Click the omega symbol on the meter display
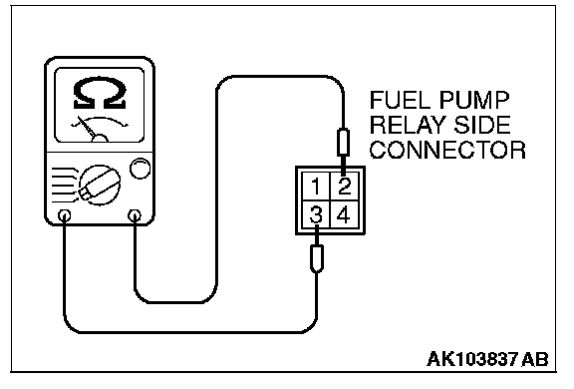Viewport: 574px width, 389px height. coord(100,93)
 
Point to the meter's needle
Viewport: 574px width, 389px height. coord(87,128)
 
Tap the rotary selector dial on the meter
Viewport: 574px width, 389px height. coord(100,185)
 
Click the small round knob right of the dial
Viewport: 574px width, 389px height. coord(141,169)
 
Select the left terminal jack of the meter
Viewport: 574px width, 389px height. coord(65,215)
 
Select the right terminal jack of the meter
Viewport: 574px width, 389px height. coord(135,215)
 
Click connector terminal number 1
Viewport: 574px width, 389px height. coord(316,187)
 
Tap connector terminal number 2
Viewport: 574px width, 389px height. coord(344,187)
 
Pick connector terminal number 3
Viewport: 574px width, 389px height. coord(316,214)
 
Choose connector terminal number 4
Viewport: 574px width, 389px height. coord(344,214)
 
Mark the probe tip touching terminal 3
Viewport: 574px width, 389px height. coord(317,235)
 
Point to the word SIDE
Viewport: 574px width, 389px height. coord(482,125)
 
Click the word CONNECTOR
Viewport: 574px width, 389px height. coord(447,150)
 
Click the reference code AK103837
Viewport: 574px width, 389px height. coord(472,359)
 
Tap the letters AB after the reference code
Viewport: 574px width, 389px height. coord(535,359)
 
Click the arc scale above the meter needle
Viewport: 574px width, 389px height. coord(100,122)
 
